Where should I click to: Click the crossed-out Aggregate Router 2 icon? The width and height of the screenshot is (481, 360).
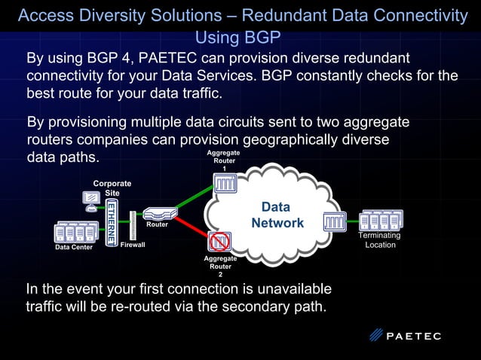(219, 241)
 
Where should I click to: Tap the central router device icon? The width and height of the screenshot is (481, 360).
(160, 213)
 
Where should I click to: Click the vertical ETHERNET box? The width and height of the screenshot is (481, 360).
(111, 222)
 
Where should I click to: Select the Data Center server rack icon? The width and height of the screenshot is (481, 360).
(78, 232)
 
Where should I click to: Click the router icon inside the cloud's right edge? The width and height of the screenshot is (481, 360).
(335, 221)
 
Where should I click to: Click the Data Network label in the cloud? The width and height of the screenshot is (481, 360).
(277, 215)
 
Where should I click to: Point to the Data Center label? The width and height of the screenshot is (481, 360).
(74, 247)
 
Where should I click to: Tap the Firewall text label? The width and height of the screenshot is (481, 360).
(133, 245)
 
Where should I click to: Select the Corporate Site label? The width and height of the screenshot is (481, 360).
(112, 188)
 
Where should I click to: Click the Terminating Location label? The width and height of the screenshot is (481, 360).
(380, 240)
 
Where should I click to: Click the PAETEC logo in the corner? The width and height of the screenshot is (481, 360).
(406, 336)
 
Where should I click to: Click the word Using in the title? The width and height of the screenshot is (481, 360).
(216, 37)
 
